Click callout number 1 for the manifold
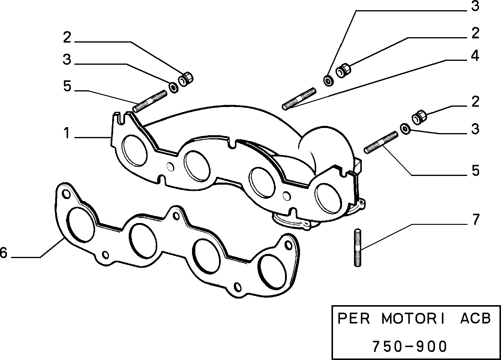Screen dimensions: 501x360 66,133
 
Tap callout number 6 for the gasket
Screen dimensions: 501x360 3,253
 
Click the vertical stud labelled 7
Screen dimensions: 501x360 358,247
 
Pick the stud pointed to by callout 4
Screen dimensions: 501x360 299,99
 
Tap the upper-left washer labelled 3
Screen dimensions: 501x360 174,88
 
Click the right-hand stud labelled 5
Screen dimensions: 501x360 381,143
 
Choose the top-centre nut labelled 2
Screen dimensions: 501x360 343,70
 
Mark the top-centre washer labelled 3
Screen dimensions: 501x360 328,81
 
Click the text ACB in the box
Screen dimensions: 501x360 475,318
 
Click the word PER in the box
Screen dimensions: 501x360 353,318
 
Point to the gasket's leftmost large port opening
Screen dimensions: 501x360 80,225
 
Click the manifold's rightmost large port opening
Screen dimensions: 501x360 328,198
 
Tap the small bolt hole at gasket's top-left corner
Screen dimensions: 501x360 66,194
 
